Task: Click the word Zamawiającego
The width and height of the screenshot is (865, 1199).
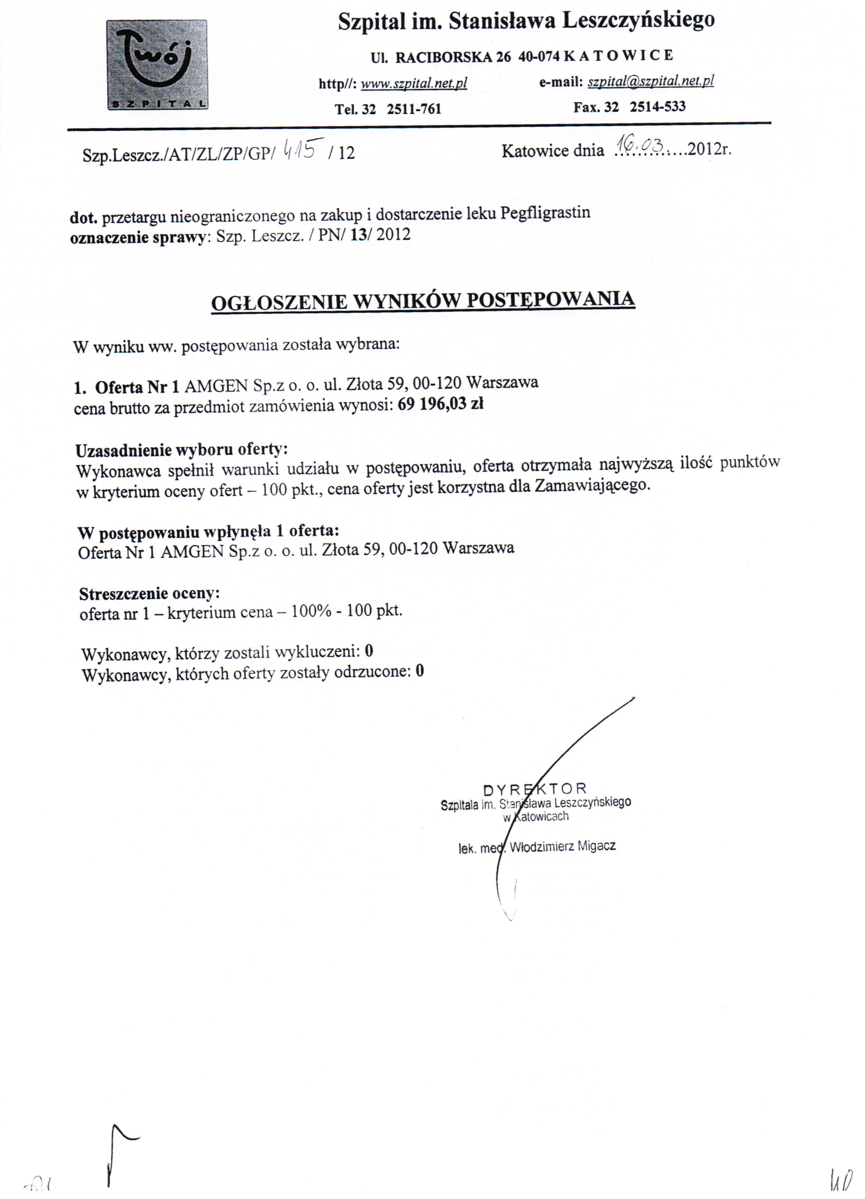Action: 592,485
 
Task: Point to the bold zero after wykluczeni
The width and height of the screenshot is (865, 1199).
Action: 369,651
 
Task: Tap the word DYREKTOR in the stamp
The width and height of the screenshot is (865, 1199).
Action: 535,789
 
